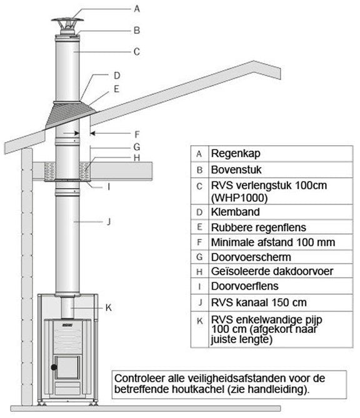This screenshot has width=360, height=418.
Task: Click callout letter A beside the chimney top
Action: [x=136, y=8]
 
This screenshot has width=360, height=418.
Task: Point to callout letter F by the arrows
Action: [x=136, y=133]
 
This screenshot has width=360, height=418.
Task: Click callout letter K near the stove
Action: [x=108, y=307]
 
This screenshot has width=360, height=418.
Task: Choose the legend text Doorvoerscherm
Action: [x=242, y=257]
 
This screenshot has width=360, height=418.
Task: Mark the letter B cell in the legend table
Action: [x=199, y=169]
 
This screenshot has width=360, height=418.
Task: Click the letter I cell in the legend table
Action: [x=199, y=288]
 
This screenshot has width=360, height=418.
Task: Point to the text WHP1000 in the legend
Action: [x=238, y=197]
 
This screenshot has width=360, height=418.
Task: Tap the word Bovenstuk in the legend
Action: [x=234, y=169]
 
